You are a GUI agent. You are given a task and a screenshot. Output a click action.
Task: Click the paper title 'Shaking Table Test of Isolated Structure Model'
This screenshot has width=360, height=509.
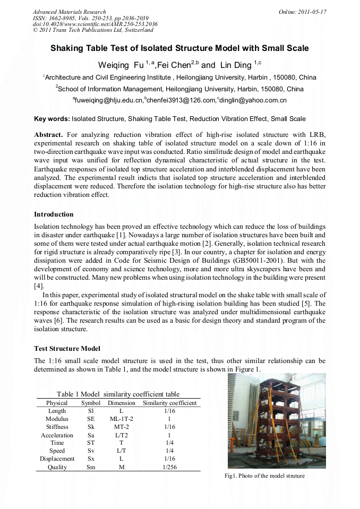[x=179, y=48]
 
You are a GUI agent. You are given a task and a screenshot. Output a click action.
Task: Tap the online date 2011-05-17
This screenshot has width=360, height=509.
[x=303, y=12]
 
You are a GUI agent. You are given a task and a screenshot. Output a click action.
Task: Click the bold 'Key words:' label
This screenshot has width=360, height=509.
[x=52, y=119]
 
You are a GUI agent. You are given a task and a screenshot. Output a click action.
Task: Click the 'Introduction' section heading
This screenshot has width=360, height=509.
[x=54, y=214]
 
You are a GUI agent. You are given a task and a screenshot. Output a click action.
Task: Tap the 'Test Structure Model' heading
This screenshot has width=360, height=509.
[x=67, y=349]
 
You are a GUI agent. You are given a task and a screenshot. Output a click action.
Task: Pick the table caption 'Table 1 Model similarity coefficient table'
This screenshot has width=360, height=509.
[x=118, y=394]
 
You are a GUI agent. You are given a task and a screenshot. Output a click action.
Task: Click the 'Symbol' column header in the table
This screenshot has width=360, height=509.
[x=91, y=403]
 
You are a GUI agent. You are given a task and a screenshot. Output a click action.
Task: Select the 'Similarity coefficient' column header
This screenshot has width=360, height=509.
[x=170, y=403]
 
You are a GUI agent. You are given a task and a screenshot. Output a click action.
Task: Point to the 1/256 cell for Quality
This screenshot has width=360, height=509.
[x=170, y=467]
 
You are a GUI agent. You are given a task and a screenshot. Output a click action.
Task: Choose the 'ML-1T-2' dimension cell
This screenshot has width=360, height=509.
[x=122, y=419]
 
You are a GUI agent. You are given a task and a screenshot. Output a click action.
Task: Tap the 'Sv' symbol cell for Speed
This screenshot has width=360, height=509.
[x=91, y=451]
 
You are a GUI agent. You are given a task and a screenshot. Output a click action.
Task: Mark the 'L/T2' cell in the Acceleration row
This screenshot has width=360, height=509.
[x=122, y=435]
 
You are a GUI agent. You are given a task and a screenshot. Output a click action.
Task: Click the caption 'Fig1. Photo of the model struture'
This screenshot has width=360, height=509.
[x=264, y=476]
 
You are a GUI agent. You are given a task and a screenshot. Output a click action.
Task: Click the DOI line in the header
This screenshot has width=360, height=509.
[x=95, y=24]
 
